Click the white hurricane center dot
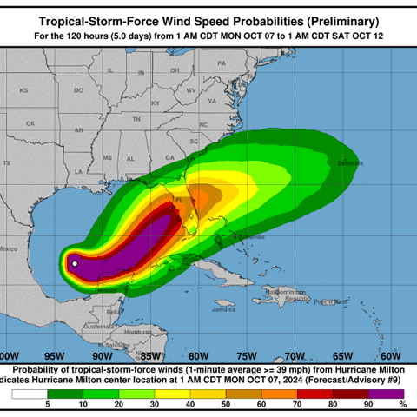75,263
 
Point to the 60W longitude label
391,354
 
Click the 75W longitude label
247,354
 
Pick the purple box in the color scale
378,394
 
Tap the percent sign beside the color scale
402,404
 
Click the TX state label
7,163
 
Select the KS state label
24,90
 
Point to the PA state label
222,63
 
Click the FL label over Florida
179,199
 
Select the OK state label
30,123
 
